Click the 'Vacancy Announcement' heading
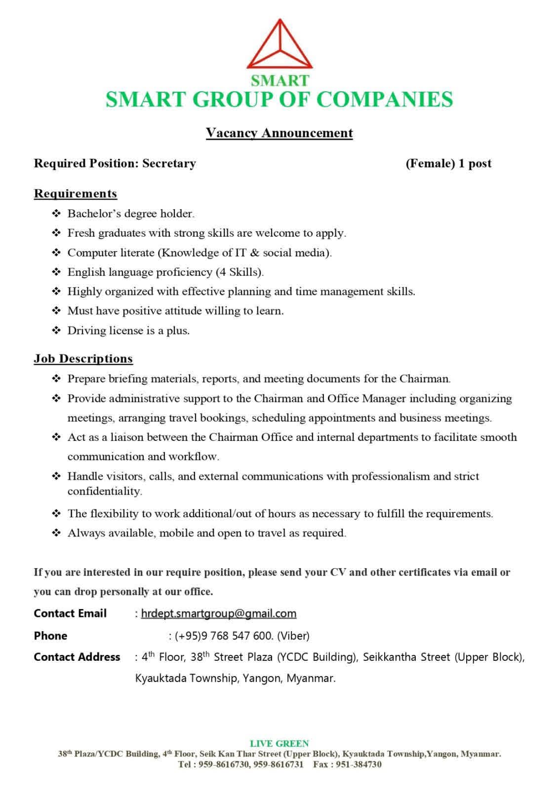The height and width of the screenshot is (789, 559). click(279, 133)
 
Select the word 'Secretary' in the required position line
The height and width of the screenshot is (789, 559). click(169, 163)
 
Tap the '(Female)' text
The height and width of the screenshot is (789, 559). click(430, 163)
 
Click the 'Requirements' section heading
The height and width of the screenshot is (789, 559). click(75, 193)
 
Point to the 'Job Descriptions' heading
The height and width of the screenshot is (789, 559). click(83, 359)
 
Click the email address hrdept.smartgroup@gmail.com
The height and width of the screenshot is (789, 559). click(218, 613)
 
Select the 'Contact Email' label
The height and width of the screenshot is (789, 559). click(70, 613)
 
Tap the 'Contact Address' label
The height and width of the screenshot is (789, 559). click(77, 657)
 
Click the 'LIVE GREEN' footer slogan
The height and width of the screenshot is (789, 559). click(279, 743)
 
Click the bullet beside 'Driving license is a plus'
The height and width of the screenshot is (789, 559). click(56, 330)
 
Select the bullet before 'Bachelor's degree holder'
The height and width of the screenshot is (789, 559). click(56, 214)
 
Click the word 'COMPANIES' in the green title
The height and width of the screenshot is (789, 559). click(384, 99)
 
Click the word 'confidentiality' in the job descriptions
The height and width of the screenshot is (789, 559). click(105, 491)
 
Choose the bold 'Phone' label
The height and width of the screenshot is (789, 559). click(50, 636)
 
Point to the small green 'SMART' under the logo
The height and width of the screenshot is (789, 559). click(279, 80)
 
